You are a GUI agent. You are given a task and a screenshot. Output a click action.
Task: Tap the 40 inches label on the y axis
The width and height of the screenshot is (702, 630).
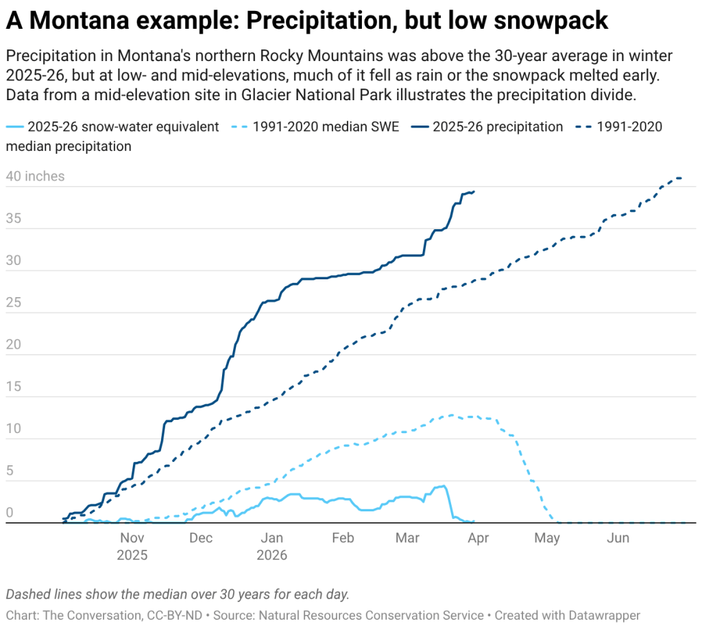coord(35,176)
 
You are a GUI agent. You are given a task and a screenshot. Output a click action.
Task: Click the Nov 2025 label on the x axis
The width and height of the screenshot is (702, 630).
coord(132,546)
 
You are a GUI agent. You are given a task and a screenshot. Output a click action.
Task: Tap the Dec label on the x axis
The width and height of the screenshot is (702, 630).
coord(202,538)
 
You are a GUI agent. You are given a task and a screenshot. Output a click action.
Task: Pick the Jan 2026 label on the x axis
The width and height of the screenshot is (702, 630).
coord(271,546)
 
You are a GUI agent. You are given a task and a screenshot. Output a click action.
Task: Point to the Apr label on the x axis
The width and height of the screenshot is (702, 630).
coord(478,538)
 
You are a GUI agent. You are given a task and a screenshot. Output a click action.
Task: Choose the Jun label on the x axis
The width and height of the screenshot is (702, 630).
coord(618,538)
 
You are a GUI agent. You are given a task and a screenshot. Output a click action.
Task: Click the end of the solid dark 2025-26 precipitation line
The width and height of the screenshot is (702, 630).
coord(474,191)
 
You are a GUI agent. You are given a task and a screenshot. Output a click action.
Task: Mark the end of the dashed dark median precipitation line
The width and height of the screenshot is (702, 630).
coord(681,178)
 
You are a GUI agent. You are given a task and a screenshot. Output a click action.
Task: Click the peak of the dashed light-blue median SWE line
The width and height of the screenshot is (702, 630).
coord(451,415)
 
